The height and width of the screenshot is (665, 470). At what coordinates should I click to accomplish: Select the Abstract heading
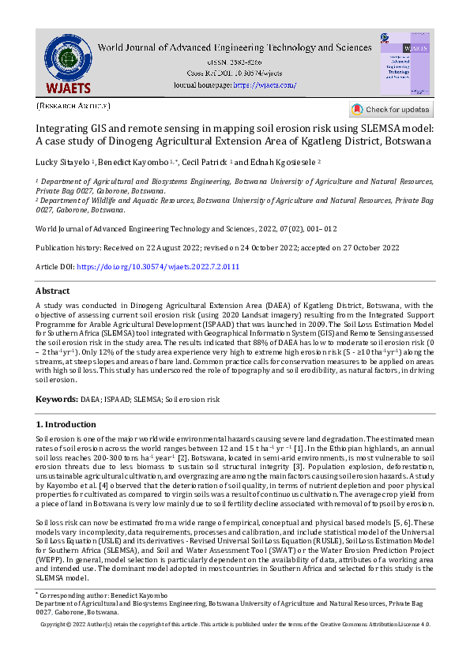point(53,291)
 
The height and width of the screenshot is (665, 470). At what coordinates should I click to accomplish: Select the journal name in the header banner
point(235,47)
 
